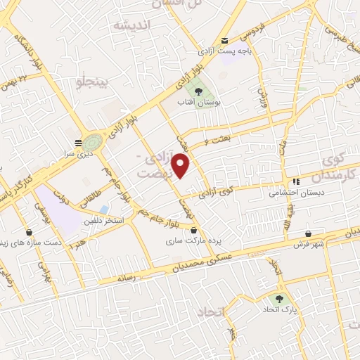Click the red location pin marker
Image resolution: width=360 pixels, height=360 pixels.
[182, 165]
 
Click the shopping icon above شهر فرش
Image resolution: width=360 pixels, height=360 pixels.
[309, 233]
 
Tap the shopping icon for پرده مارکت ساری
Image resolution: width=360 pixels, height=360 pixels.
[194, 230]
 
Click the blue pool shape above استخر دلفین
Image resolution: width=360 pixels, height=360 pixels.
[103, 210]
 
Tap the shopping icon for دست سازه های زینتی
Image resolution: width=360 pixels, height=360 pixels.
[29, 232]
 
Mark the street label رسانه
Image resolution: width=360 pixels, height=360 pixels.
[126, 277]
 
